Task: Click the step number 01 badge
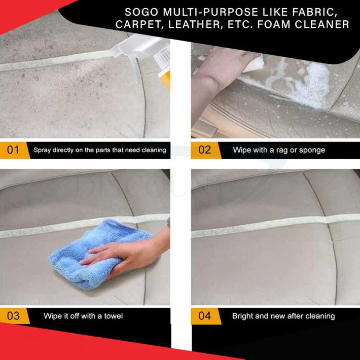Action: click(x=13, y=150)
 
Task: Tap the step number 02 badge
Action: click(x=205, y=150)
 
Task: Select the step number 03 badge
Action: click(x=13, y=316)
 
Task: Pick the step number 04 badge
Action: click(x=204, y=316)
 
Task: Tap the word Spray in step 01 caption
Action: click(x=42, y=150)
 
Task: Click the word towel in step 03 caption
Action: click(x=113, y=316)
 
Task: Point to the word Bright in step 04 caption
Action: click(x=243, y=316)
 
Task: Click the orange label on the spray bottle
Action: click(x=166, y=80)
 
